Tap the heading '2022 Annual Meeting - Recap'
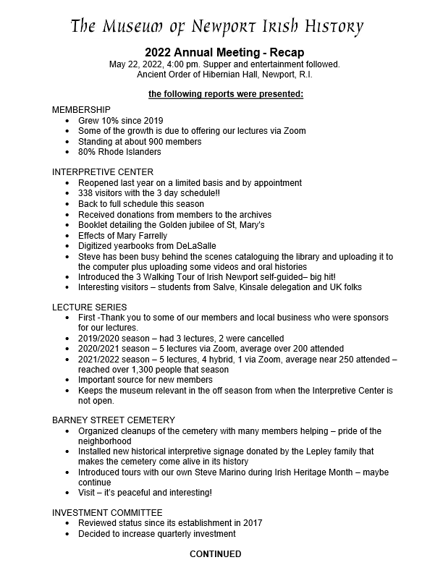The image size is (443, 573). (224, 52)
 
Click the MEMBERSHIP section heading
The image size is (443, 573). (81, 109)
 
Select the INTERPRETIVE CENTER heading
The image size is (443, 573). (103, 172)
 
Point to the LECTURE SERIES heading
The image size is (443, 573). (90, 307)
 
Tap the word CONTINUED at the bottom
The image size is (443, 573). (216, 554)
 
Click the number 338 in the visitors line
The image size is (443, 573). (86, 194)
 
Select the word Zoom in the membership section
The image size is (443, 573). (294, 131)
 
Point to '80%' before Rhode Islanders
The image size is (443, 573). (88, 152)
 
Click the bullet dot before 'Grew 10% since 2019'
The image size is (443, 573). (67, 120)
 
